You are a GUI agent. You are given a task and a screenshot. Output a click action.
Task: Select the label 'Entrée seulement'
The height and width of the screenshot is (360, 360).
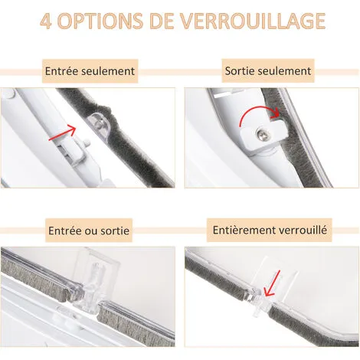coord(90,71)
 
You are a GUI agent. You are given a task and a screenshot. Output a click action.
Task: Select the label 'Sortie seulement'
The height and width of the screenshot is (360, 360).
coord(268,71)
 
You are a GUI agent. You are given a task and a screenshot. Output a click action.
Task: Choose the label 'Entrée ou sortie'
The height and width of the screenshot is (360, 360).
coord(90,230)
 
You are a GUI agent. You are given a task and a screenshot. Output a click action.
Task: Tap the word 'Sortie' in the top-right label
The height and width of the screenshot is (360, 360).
coord(241,71)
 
